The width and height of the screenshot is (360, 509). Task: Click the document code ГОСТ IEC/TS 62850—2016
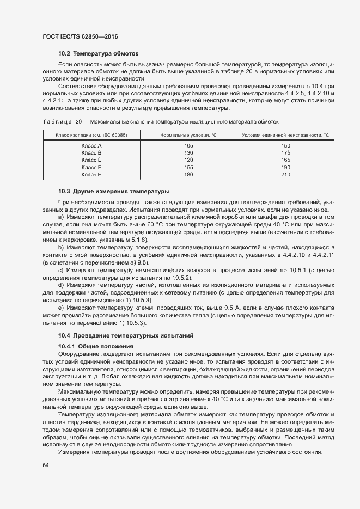(80, 37)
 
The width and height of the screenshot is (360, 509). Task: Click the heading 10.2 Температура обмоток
(99, 54)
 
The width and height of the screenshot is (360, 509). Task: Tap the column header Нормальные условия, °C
(188, 134)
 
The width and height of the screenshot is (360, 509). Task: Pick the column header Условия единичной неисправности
(285, 134)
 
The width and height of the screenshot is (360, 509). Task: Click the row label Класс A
(91, 146)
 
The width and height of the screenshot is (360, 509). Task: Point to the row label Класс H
(91, 175)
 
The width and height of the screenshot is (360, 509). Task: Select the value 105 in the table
(189, 146)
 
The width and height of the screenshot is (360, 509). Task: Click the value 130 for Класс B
(189, 153)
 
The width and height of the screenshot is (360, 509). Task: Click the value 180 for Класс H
(189, 175)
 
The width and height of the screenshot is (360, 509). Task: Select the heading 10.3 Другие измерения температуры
(114, 191)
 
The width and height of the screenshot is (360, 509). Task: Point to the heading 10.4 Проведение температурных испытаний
(126, 335)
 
